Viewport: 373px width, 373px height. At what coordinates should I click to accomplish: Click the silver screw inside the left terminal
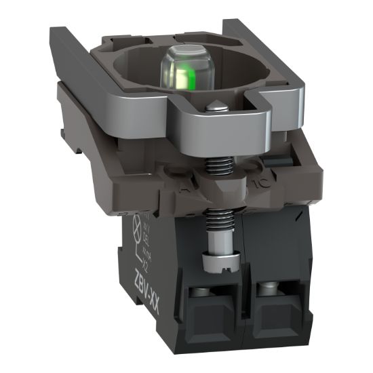201,293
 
